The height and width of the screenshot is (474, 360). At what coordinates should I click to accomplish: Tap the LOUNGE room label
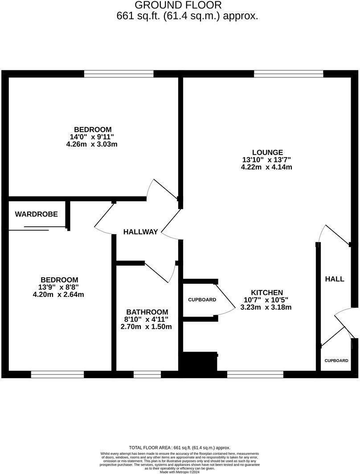266,152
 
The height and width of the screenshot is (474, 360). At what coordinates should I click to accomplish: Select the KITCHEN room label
266,292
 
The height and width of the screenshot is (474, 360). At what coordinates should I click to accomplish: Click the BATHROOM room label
147,312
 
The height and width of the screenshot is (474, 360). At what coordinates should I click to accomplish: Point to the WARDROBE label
37,214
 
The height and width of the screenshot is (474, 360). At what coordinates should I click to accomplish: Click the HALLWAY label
140,232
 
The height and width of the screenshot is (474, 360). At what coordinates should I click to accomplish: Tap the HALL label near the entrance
334,279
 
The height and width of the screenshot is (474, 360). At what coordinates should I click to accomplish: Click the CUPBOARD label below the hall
336,360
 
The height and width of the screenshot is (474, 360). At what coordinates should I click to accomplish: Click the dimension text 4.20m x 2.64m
58,294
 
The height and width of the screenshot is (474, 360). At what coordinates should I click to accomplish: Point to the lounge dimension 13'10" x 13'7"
266,159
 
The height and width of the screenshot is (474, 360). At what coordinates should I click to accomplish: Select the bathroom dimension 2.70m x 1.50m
147,327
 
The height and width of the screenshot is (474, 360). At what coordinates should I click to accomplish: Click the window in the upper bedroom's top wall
119,74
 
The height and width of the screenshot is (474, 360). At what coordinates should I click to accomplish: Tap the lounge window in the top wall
288,74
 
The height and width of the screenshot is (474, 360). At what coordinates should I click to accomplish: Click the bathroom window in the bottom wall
147,375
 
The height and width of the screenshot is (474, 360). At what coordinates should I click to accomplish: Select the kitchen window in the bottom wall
255,375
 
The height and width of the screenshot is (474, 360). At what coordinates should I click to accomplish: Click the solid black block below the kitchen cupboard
198,362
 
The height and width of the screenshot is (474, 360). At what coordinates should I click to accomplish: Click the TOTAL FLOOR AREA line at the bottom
180,448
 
